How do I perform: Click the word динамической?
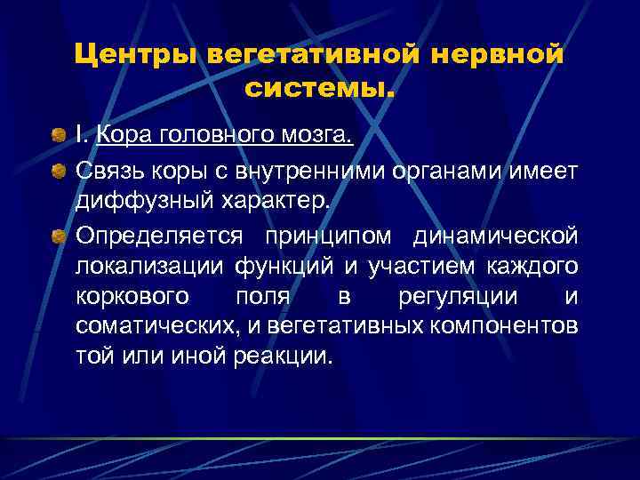[496, 236]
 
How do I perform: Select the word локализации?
[150, 266]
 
